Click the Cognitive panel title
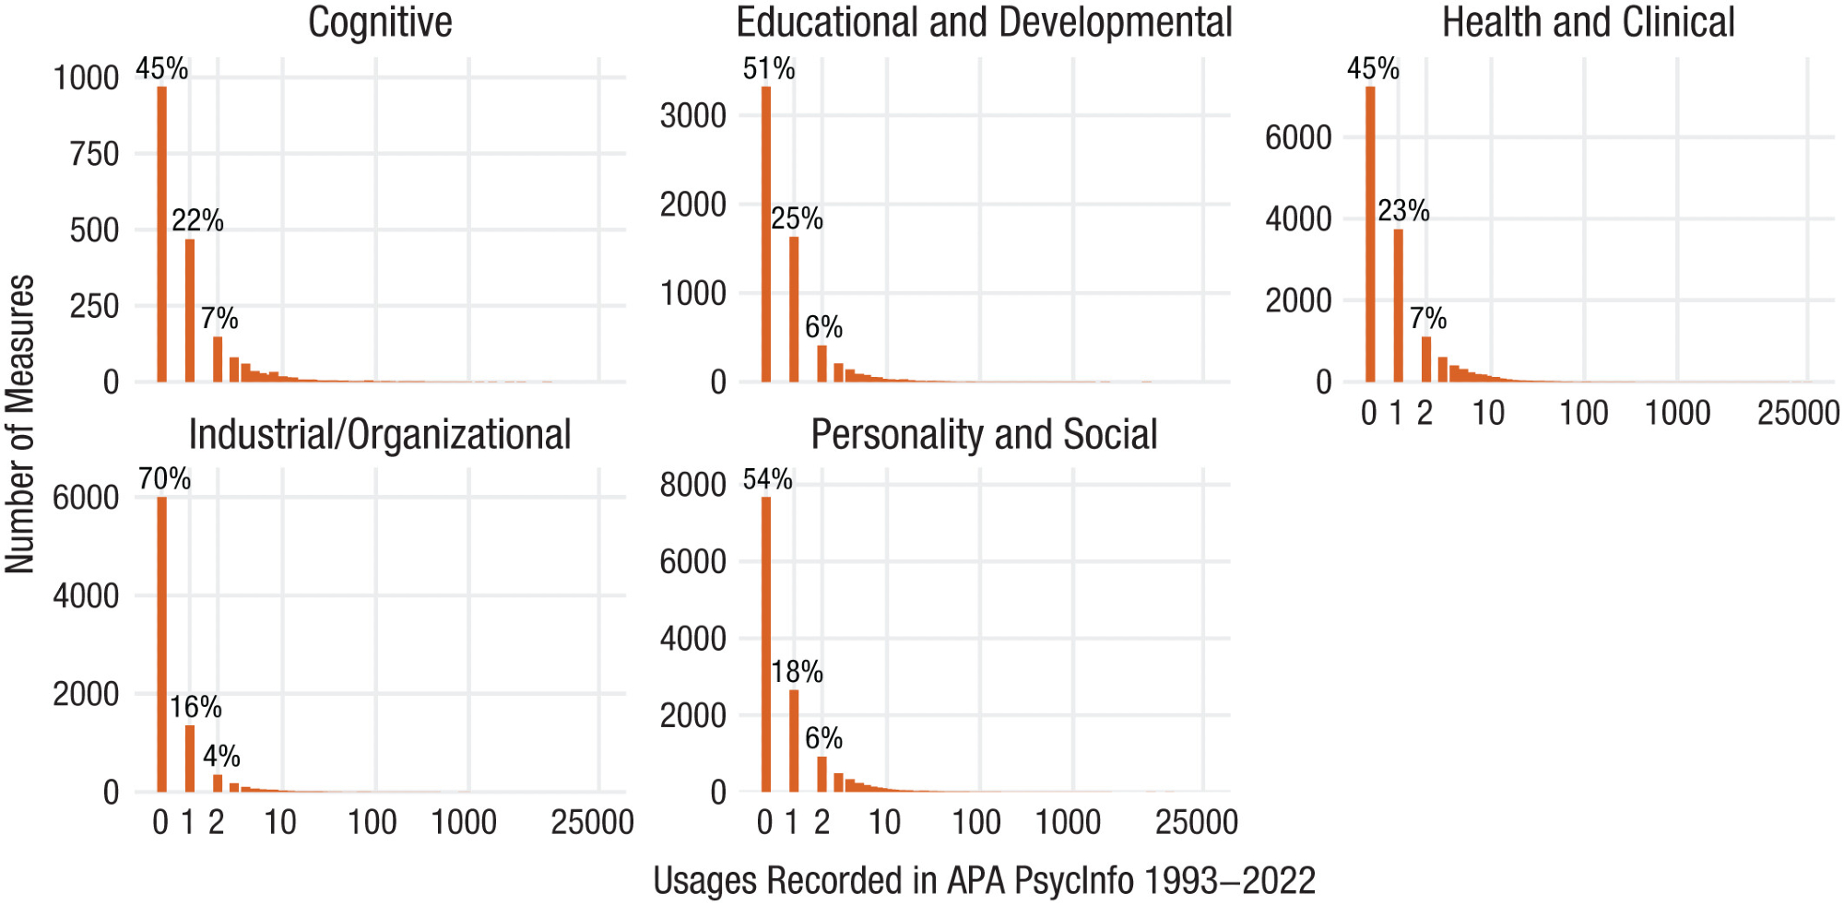coord(380,23)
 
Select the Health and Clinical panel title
coord(1588,23)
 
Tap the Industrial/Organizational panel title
coord(380,435)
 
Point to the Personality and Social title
coord(984,435)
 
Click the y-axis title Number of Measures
coord(20,424)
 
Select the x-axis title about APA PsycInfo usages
coord(984,881)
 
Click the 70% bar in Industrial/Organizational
coord(162,645)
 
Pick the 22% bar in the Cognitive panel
coord(190,311)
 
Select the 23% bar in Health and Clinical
coord(1398,305)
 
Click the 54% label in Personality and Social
coord(767,480)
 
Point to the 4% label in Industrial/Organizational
coord(221,757)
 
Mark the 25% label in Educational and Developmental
coord(797,219)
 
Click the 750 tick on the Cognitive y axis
coord(94,154)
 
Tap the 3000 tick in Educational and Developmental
coord(692,116)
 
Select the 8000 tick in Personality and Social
coord(692,485)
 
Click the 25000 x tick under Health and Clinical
coord(1797,413)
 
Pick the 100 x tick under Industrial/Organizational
coord(372,822)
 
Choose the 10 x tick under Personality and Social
coord(884,822)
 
